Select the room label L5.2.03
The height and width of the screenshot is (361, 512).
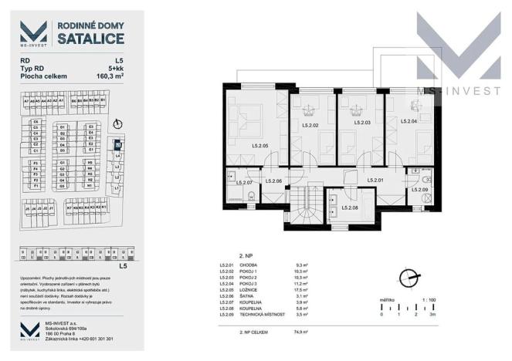tap(362, 122)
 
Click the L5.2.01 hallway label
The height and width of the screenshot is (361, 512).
tap(375, 180)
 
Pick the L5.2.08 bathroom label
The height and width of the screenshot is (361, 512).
tap(351, 207)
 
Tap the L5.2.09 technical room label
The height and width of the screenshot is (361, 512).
tap(420, 190)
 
